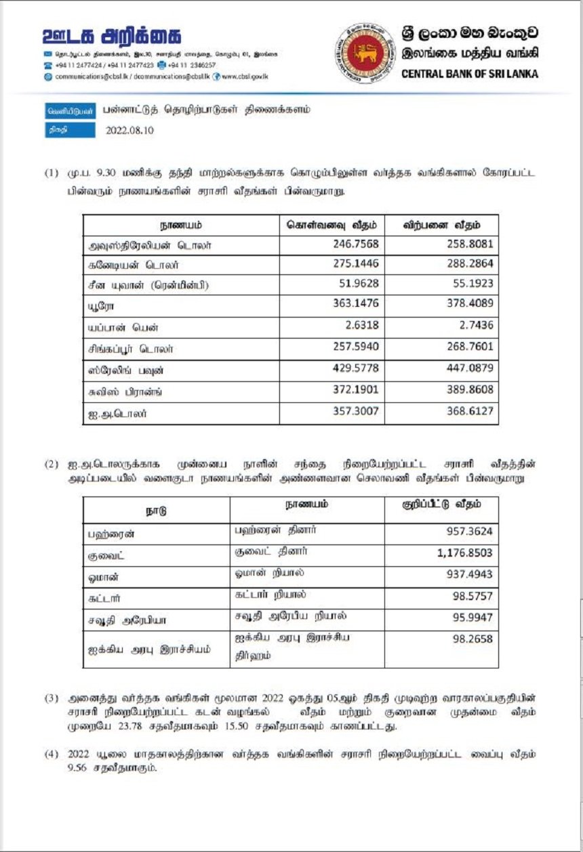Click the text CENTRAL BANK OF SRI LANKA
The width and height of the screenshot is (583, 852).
tap(470, 74)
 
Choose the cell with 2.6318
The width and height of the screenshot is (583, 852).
tap(360, 328)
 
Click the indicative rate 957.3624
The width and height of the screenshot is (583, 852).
tap(470, 533)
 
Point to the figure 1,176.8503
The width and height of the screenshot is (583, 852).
tap(464, 553)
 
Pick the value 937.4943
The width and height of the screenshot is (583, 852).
tap(470, 575)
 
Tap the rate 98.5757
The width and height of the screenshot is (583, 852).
tap(473, 597)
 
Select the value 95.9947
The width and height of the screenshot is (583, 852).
tap(473, 618)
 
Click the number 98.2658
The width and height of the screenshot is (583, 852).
tap(473, 639)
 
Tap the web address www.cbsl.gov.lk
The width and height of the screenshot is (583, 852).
tap(245, 77)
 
